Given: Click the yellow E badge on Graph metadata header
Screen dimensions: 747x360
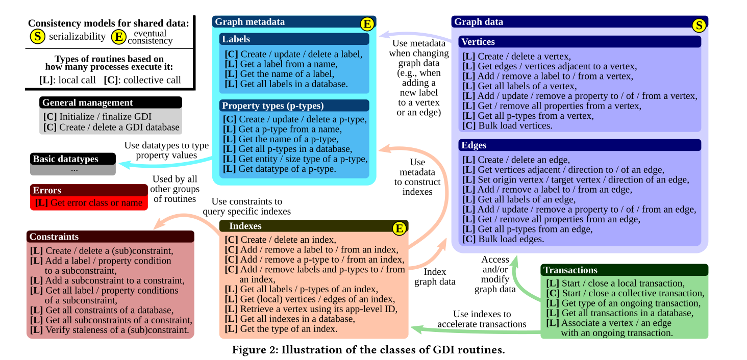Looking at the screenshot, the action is pyautogui.click(x=367, y=24).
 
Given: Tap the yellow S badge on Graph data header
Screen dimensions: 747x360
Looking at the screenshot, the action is pyautogui.click(x=700, y=25).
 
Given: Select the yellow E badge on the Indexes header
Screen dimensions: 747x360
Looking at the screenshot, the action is pyautogui.click(x=400, y=228).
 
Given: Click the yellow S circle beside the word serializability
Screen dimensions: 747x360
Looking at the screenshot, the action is pyautogui.click(x=37, y=36).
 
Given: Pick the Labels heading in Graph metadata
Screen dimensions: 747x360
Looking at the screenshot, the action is pyautogui.click(x=236, y=39).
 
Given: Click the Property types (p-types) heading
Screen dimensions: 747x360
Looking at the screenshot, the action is pyautogui.click(x=273, y=106).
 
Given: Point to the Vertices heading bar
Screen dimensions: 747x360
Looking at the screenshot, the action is pyautogui.click(x=580, y=42).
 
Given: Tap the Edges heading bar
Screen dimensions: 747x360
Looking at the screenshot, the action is pyautogui.click(x=580, y=145).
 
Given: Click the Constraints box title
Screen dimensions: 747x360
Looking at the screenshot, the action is pyautogui.click(x=54, y=237).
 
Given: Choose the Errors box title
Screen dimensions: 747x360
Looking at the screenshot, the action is pyautogui.click(x=47, y=190).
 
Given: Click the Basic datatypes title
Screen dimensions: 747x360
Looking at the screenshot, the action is pyautogui.click(x=66, y=159).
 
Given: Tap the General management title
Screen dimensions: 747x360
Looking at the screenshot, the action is pyautogui.click(x=87, y=102).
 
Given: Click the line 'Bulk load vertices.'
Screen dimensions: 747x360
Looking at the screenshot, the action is pyautogui.click(x=507, y=125).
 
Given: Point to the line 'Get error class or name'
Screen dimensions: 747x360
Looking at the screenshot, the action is pyautogui.click(x=89, y=202).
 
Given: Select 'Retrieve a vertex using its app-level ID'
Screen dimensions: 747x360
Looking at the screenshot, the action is pyautogui.click(x=311, y=309).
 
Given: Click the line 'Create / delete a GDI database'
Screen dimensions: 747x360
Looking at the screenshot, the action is pyautogui.click(x=111, y=127).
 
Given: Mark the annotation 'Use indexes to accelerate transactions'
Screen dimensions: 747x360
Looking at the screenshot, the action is pyautogui.click(x=482, y=319).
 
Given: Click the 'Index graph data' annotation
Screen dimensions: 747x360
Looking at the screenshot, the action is pyautogui.click(x=435, y=277).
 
